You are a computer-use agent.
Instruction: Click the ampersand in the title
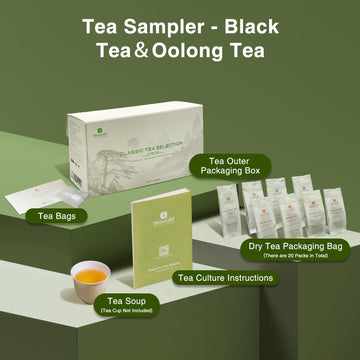(x=154, y=49)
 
